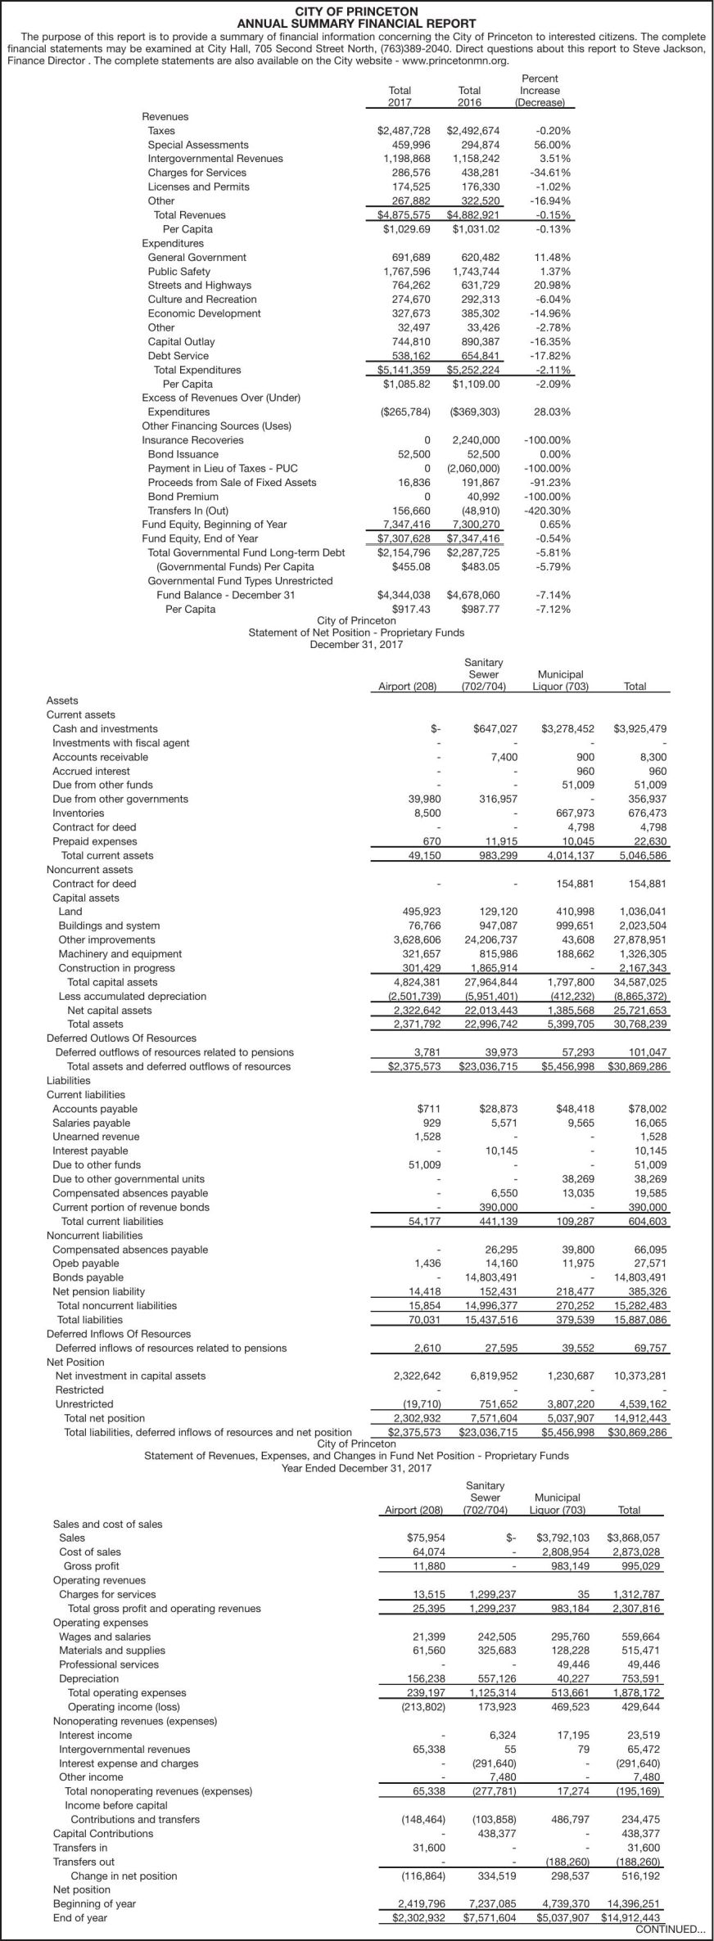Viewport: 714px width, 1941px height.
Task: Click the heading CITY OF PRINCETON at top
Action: point(356,11)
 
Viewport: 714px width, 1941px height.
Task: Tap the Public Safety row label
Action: point(178,272)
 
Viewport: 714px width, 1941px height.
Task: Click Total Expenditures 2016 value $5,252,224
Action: point(472,370)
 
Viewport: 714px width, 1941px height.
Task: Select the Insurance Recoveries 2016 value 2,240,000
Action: point(476,440)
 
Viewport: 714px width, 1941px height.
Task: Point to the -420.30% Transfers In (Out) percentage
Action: point(548,511)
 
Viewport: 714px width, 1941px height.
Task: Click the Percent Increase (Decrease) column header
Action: point(540,91)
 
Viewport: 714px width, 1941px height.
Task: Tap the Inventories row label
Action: point(78,813)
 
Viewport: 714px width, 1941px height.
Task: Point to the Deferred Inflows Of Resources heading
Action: point(118,1334)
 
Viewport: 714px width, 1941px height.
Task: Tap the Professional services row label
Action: point(109,1665)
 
